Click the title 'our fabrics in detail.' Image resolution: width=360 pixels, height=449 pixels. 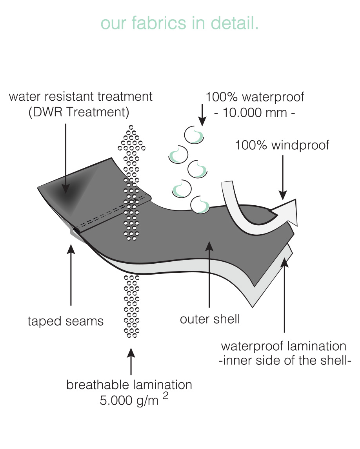point(180,23)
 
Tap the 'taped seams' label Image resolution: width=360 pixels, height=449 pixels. point(65,321)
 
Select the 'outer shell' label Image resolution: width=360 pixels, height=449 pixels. point(210,319)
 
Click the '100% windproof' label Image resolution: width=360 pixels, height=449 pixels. point(282,145)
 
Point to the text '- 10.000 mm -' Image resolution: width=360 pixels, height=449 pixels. point(255,112)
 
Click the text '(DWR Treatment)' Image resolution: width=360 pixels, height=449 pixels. point(79,112)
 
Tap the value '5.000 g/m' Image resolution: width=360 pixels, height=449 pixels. point(129,400)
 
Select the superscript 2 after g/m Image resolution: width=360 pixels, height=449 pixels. point(165,395)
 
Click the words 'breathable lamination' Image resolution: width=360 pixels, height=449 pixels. point(129,385)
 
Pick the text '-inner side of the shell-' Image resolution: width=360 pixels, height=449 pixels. point(285,360)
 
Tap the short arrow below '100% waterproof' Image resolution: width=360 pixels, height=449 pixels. point(202,114)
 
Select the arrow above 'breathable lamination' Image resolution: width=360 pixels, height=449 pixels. point(131,361)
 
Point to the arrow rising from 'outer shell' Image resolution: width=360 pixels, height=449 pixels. point(209,274)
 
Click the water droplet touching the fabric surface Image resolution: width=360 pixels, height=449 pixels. point(200,205)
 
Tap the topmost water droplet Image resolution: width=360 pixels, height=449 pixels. point(194,135)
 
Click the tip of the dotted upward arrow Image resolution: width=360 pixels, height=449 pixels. point(131,127)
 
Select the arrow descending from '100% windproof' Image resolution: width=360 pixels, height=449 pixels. point(283,177)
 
